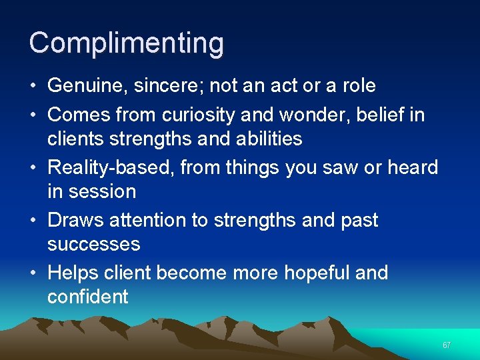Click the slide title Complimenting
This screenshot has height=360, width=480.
point(127,43)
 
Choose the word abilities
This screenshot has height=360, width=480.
point(263,139)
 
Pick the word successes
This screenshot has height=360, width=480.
point(94,244)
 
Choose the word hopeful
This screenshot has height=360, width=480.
point(313,273)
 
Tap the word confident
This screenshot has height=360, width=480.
point(87,297)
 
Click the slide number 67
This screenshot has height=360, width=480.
point(447,345)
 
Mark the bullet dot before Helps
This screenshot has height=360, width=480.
point(33,273)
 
